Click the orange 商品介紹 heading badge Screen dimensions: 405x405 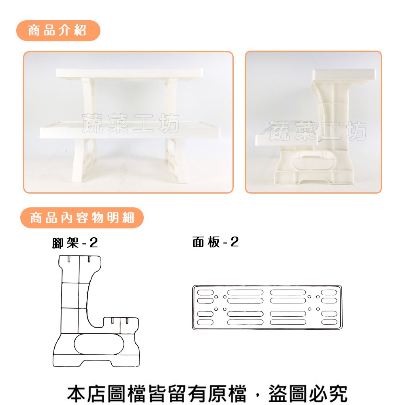point(58,31)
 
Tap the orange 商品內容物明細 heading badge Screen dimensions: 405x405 point(82,218)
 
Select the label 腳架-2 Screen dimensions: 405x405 point(75,243)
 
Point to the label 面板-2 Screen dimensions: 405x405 point(215,242)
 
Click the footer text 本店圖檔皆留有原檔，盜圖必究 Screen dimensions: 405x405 point(207,393)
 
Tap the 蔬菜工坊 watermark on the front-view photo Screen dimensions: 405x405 point(131,124)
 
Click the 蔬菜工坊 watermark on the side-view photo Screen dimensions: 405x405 point(318,131)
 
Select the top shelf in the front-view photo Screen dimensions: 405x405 point(129,73)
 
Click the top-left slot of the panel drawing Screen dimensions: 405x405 point(205,292)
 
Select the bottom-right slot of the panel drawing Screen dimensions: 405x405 point(329,322)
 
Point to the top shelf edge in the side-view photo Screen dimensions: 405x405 point(344,75)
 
